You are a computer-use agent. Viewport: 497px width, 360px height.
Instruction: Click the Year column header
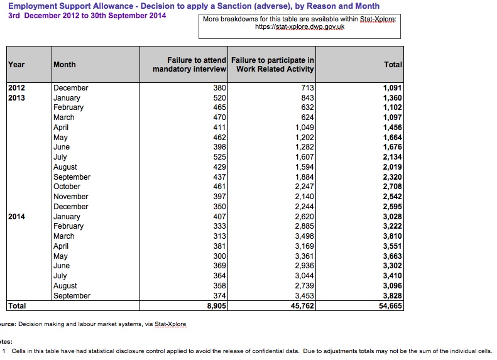(16, 65)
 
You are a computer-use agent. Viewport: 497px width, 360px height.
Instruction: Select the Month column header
(64, 65)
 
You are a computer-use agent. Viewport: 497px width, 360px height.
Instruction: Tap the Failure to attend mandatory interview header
(189, 65)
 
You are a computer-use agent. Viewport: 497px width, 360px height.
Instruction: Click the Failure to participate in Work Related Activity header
(272, 65)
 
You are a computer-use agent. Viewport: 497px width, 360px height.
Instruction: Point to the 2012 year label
(16, 88)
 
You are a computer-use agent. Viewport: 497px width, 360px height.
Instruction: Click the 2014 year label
(16, 217)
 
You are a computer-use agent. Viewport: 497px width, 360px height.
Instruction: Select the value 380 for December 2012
(219, 88)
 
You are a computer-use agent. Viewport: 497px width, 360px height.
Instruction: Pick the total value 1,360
(393, 98)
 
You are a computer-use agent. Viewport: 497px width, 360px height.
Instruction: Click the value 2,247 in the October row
(304, 187)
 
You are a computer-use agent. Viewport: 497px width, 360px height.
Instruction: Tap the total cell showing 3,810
(393, 236)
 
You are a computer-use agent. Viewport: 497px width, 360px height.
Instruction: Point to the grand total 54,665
(390, 306)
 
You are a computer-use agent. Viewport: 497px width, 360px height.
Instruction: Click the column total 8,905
(217, 306)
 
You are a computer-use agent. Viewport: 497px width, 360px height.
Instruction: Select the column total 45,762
(302, 306)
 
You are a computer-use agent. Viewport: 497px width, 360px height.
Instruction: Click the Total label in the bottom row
(17, 306)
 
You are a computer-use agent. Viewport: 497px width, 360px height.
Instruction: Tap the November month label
(70, 197)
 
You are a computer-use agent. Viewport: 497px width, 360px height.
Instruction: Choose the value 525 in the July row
(219, 157)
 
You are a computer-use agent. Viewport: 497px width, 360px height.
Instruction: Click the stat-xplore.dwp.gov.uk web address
(300, 27)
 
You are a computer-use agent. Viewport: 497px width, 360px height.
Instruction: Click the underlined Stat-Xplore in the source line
(170, 324)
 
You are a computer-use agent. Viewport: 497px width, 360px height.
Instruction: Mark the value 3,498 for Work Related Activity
(304, 236)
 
